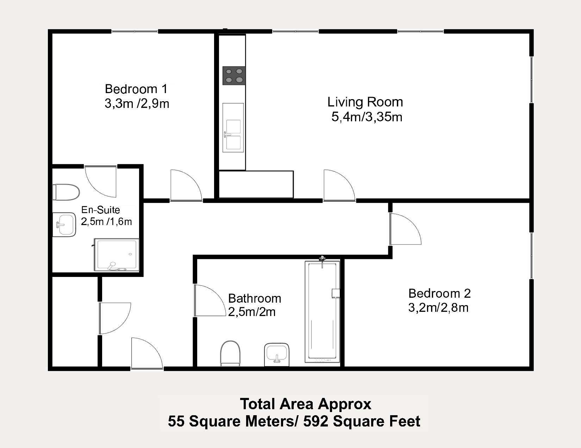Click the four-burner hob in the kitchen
pyautogui.click(x=234, y=75)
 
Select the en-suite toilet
pyautogui.click(x=66, y=192)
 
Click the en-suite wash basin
pyautogui.click(x=64, y=225)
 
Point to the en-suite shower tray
pyautogui.click(x=117, y=255)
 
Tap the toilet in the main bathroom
pyautogui.click(x=230, y=353)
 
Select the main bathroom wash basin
pyautogui.click(x=277, y=355)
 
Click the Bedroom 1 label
pyautogui.click(x=136, y=89)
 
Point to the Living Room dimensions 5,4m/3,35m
pyautogui.click(x=367, y=117)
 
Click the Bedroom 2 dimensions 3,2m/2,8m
pyautogui.click(x=438, y=308)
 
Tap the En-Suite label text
pyautogui.click(x=101, y=210)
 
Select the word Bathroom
pyautogui.click(x=255, y=298)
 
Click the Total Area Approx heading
pyautogui.click(x=306, y=404)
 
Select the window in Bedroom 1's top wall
pyautogui.click(x=135, y=32)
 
